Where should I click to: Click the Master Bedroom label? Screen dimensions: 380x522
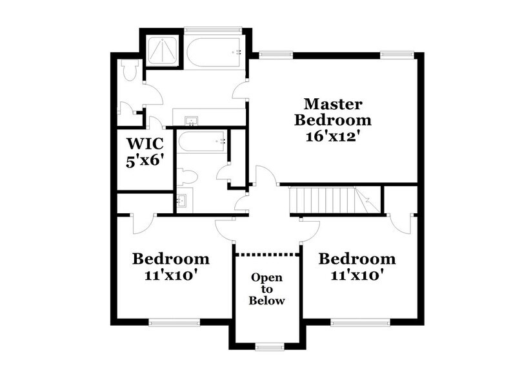[332, 112]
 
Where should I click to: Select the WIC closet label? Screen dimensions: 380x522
[145, 142]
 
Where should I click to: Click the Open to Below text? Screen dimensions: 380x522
[267, 289]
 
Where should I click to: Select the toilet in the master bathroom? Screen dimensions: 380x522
[130, 70]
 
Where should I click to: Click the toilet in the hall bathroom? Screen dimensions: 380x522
[186, 176]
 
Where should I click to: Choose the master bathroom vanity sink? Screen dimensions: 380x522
[191, 121]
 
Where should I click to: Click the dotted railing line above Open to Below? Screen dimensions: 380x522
[267, 254]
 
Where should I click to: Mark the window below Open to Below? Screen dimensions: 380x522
[270, 347]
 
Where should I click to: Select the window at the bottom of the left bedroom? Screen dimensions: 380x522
[174, 321]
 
